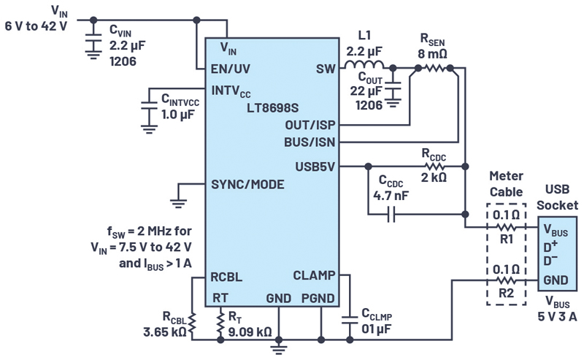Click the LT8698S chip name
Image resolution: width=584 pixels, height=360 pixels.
pyautogui.click(x=272, y=108)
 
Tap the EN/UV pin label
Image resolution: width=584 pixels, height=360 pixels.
pyautogui.click(x=231, y=69)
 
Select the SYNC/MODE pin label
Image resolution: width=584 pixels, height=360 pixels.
pyautogui.click(x=247, y=185)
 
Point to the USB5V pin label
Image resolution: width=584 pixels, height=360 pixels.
pyautogui.click(x=315, y=166)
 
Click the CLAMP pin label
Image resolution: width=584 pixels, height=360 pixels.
pyautogui.click(x=314, y=275)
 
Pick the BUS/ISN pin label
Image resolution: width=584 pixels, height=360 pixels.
pyautogui.click(x=310, y=142)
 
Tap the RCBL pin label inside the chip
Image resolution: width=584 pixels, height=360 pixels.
pyautogui.click(x=226, y=277)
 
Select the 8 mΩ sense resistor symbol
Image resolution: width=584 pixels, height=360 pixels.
pyautogui.click(x=434, y=68)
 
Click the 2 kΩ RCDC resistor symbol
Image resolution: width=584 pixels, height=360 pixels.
pyautogui.click(x=434, y=166)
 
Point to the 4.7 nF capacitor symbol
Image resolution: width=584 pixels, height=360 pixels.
pyautogui.click(x=391, y=214)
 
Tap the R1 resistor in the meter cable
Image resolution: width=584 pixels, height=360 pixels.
pyautogui.click(x=506, y=226)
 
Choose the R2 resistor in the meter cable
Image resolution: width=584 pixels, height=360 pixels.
pyautogui.click(x=506, y=280)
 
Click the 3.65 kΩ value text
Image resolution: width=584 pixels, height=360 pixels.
pyautogui.click(x=165, y=332)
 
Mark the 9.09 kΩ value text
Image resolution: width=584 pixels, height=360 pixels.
pyautogui.click(x=250, y=332)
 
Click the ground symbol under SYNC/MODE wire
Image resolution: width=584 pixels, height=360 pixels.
pyautogui.click(x=178, y=203)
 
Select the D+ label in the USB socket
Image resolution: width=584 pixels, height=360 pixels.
pyautogui.click(x=550, y=247)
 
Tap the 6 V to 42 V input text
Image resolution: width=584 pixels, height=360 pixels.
pyautogui.click(x=36, y=26)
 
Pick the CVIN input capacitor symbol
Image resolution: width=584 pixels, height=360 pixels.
pyautogui.click(x=93, y=43)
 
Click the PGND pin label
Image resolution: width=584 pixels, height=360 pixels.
pyautogui.click(x=318, y=299)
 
